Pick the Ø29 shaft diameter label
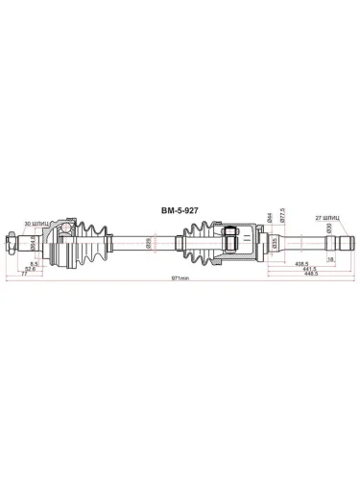click(149, 241)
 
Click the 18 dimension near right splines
click(331, 259)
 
